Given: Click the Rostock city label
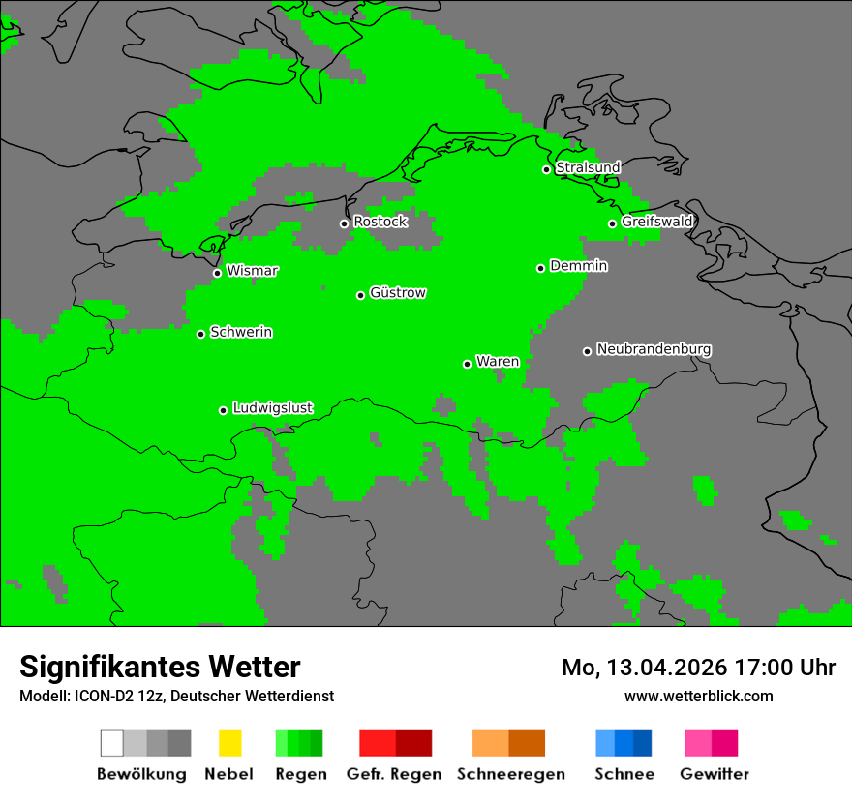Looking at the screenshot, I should tap(380, 222).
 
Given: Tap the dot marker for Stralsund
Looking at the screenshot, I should tap(546, 169).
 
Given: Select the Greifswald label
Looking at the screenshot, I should tap(656, 222).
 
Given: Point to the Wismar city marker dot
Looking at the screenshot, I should tap(217, 273).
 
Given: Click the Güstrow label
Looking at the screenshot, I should tap(398, 293).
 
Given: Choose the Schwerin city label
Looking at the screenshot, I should tap(241, 332).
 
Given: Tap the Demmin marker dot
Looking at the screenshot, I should tap(540, 268).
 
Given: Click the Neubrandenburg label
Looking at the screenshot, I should tap(654, 349).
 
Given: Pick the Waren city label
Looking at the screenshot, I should tap(498, 362).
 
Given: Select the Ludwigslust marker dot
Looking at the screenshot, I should tap(223, 410).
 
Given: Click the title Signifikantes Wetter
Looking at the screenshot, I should tap(160, 667).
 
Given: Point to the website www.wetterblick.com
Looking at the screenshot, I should tap(698, 696).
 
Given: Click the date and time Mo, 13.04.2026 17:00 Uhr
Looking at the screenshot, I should tap(698, 668).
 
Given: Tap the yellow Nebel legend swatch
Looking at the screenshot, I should tap(229, 743).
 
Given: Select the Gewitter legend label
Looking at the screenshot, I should tap(714, 774).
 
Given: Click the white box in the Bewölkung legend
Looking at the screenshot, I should tap(112, 743).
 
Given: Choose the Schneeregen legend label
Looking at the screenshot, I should tap(510, 774).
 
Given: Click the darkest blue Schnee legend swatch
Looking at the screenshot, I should tap(642, 743).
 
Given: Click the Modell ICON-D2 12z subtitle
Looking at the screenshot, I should tap(176, 696).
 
